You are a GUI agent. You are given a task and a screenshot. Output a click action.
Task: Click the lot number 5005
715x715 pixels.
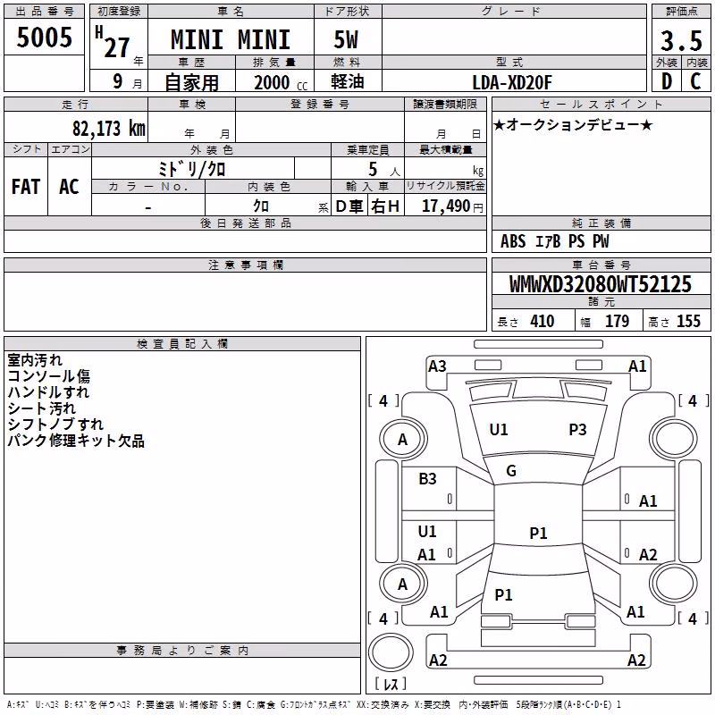(x=44, y=38)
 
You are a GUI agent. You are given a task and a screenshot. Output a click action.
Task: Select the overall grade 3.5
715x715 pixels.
(x=681, y=41)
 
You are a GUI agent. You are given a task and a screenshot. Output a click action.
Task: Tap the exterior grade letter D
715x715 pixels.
(x=667, y=81)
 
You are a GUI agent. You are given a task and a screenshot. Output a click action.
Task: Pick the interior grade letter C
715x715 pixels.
(x=695, y=81)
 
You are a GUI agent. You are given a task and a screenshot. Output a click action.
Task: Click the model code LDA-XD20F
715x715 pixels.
(x=512, y=82)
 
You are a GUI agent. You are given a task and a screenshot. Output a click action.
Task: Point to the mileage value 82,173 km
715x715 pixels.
(x=109, y=129)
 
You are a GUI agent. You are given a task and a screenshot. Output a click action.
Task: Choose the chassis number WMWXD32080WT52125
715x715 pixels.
(x=601, y=284)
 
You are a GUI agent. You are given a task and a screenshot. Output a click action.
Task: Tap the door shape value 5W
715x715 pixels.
(x=346, y=39)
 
